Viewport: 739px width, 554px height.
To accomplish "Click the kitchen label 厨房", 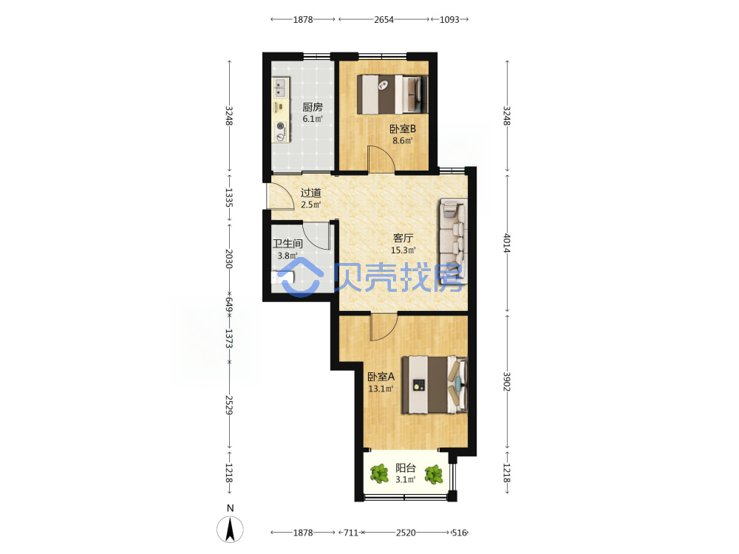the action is tap(313, 107).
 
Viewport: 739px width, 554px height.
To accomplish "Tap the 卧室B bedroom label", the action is tap(403, 129).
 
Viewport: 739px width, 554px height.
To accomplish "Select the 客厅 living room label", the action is tap(403, 239).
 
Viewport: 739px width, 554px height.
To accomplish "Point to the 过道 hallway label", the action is tap(310, 193).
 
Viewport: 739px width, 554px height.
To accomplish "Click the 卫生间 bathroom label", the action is tap(287, 244).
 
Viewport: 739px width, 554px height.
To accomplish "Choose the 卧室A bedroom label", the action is tap(381, 377).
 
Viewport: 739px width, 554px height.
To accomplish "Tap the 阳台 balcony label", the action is tap(405, 468).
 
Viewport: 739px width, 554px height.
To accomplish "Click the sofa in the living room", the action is tap(454, 242).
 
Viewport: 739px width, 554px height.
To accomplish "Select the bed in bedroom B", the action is tap(392, 95).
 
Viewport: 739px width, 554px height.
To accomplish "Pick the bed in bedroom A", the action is tap(435, 385).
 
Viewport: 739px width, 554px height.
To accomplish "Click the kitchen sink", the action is tap(280, 88).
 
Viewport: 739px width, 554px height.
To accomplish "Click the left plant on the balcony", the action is tap(379, 474).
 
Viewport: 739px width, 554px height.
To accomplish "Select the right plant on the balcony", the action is tap(434, 474).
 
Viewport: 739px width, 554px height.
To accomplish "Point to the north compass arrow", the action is tap(230, 529).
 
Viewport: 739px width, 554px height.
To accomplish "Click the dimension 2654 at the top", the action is tap(384, 20).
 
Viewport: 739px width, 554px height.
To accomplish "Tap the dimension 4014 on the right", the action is tap(507, 243).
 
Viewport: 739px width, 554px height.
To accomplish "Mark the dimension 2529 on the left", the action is tap(229, 405).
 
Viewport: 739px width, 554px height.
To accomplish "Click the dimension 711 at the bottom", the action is tap(350, 533).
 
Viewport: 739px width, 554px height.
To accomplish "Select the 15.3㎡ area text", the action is tap(403, 250).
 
